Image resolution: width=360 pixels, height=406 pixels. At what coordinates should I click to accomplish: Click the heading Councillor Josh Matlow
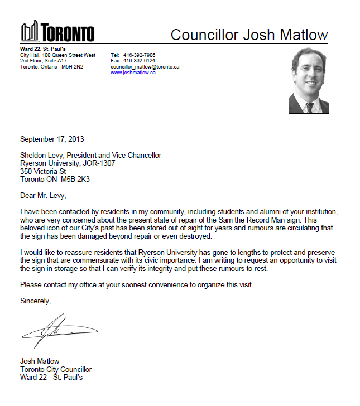point(249,35)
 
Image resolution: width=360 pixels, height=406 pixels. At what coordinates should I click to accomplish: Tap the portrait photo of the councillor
point(309,80)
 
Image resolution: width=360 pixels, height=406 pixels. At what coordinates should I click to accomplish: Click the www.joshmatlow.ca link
point(133,72)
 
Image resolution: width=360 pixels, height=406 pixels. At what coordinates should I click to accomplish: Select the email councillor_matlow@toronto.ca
point(145,67)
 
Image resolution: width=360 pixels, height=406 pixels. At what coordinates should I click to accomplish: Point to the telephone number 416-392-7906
point(139,55)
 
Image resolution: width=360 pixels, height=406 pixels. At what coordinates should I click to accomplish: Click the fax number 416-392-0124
point(139,61)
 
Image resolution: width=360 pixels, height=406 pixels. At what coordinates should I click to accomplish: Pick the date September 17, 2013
point(52,139)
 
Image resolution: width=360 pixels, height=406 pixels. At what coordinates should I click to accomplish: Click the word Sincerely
point(35,301)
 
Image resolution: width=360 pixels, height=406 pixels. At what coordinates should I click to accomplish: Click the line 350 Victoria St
point(43,172)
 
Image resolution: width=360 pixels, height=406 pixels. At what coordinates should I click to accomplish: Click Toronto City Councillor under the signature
point(56,369)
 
